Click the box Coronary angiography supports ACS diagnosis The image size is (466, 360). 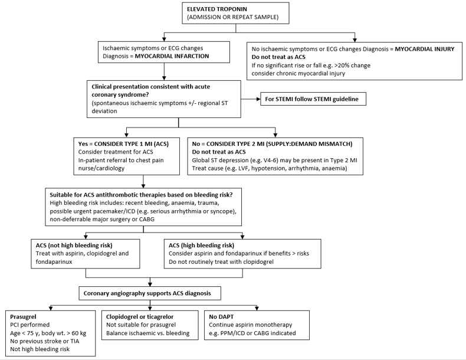click(x=149, y=292)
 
